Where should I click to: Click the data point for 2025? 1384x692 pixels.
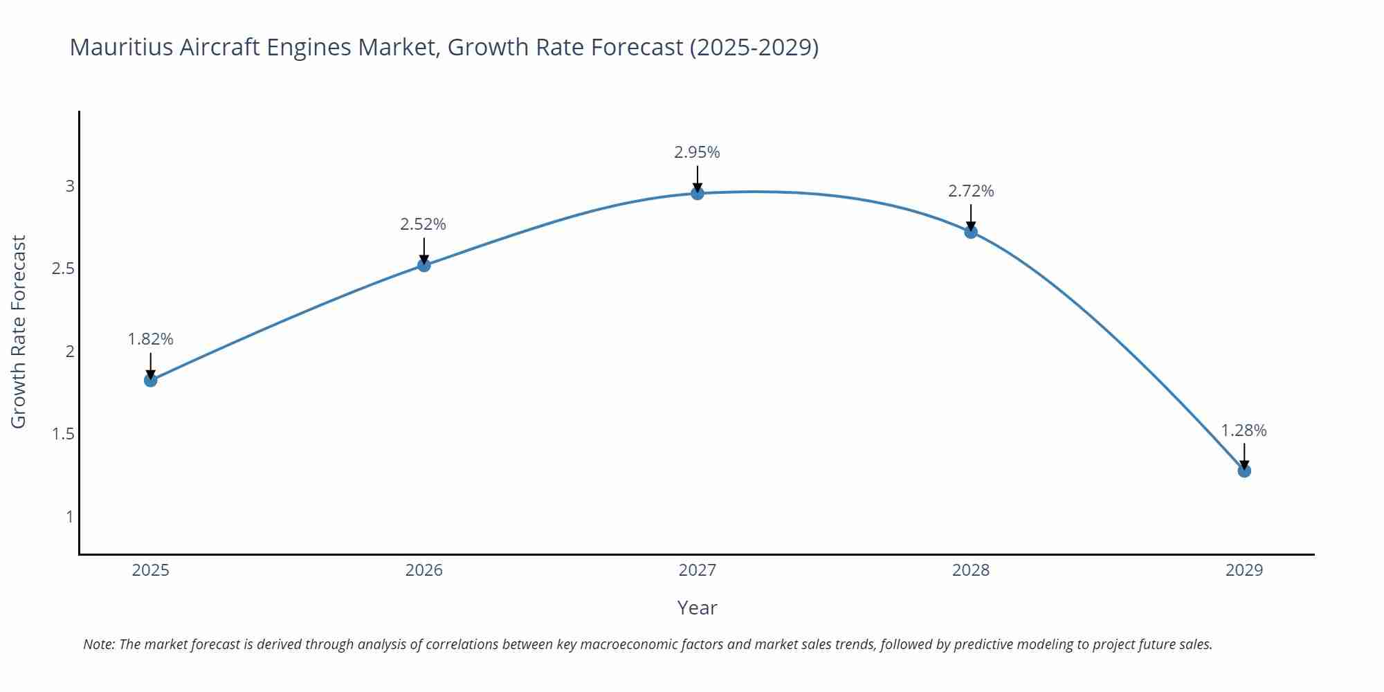pyautogui.click(x=151, y=380)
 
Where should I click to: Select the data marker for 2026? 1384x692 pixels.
pyautogui.click(x=424, y=265)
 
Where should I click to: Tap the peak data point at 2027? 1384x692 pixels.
pyautogui.click(x=698, y=193)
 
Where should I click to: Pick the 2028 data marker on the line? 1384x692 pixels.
pyautogui.click(x=971, y=232)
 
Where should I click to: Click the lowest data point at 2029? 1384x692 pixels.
pyautogui.click(x=1244, y=471)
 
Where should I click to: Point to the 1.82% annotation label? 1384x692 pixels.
pyautogui.click(x=151, y=339)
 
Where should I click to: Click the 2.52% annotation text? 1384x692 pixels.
pyautogui.click(x=424, y=224)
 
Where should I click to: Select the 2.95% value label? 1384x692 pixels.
pyautogui.click(x=698, y=152)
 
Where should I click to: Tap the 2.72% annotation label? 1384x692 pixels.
pyautogui.click(x=971, y=191)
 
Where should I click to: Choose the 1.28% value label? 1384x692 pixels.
pyautogui.click(x=1244, y=430)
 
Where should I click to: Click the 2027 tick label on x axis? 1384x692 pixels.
pyautogui.click(x=698, y=570)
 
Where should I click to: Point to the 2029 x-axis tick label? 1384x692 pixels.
pyautogui.click(x=1244, y=570)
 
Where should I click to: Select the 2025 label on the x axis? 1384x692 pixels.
pyautogui.click(x=151, y=570)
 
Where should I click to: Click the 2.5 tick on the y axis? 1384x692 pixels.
pyautogui.click(x=63, y=268)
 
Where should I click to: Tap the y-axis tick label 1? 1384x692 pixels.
pyautogui.click(x=70, y=516)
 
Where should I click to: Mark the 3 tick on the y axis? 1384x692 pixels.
pyautogui.click(x=70, y=186)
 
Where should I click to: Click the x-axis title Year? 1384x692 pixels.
pyautogui.click(x=698, y=608)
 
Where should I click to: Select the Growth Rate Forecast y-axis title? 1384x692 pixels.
pyautogui.click(x=19, y=331)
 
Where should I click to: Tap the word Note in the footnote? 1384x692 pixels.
pyautogui.click(x=98, y=644)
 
